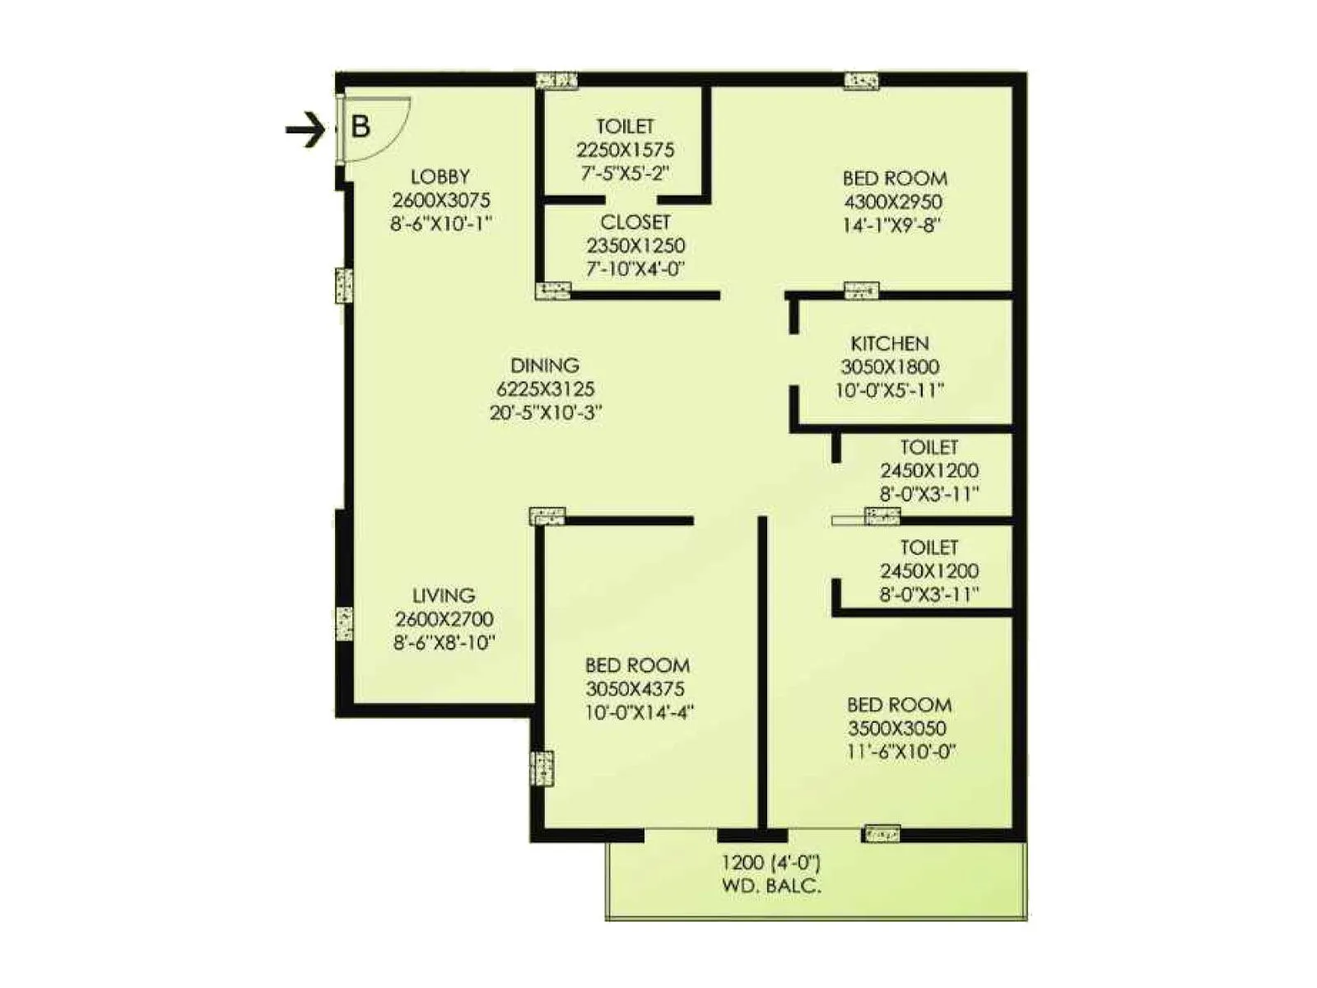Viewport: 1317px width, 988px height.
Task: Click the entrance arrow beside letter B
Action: click(305, 129)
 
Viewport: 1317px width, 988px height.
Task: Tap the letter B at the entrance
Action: click(361, 127)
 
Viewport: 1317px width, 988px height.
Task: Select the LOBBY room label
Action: click(440, 176)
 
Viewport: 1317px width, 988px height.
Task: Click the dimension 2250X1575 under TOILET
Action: click(625, 150)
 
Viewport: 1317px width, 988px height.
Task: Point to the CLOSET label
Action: click(635, 222)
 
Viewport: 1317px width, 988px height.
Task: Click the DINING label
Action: click(545, 366)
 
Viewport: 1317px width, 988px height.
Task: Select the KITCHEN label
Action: click(890, 343)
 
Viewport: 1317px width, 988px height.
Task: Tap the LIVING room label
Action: click(444, 595)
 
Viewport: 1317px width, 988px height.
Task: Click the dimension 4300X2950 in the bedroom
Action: click(893, 202)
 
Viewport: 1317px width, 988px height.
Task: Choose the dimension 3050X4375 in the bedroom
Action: click(635, 689)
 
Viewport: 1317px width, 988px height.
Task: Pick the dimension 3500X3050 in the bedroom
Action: click(897, 728)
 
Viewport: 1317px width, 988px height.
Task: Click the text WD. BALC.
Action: click(771, 886)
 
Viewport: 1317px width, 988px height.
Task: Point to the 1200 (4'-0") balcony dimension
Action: click(771, 863)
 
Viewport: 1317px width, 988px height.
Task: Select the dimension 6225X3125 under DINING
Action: click(545, 389)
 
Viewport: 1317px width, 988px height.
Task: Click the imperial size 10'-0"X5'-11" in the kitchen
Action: click(890, 390)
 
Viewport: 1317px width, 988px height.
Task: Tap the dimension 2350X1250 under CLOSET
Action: click(635, 245)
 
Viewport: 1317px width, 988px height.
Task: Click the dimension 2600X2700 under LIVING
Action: click(444, 619)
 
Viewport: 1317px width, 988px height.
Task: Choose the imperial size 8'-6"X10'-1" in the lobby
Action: click(441, 223)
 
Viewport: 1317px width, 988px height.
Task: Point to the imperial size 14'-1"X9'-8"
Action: click(891, 225)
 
